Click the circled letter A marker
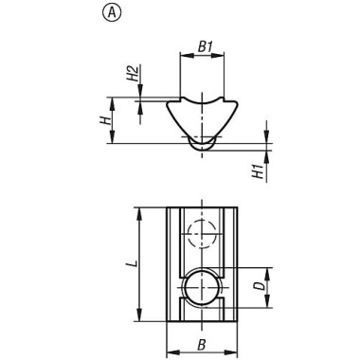112,13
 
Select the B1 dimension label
205,46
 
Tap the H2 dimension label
133,73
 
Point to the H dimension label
106,120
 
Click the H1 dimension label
258,171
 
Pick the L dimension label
135,263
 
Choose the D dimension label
261,286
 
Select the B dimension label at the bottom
202,345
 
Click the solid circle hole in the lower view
186,287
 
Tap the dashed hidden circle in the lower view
189,234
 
